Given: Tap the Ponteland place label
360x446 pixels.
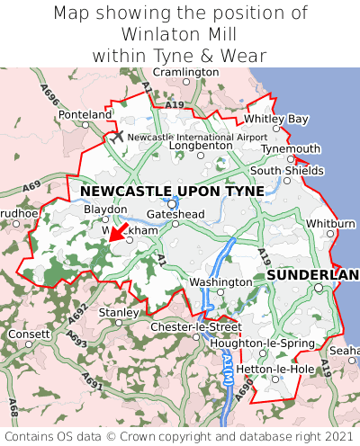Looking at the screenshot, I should (x=85, y=115).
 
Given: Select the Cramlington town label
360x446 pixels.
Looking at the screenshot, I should (x=185, y=72).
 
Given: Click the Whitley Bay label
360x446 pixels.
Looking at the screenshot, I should (x=276, y=119).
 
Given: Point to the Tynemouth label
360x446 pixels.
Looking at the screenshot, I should (x=291, y=149).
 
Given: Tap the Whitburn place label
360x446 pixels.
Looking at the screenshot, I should (x=331, y=223).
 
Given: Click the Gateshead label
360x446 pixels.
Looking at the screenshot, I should (x=175, y=214).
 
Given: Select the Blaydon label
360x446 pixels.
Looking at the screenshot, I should (x=105, y=209).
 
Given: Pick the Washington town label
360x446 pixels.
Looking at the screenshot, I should (x=220, y=282).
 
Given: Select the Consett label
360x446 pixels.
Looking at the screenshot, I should (x=30, y=334).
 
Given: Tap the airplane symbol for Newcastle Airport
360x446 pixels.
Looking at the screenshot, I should (x=117, y=136).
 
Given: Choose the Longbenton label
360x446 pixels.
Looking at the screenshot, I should (x=201, y=144).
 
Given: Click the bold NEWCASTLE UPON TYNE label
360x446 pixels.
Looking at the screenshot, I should (x=172, y=192).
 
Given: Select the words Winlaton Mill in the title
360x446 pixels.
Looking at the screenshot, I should (x=180, y=33).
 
